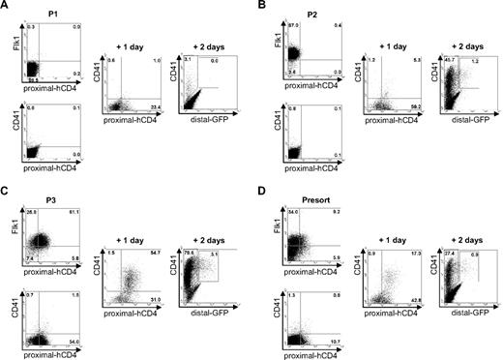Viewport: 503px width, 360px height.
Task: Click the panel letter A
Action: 6,6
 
